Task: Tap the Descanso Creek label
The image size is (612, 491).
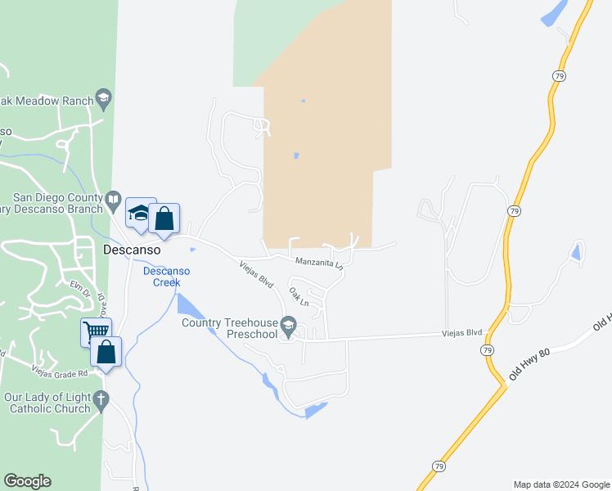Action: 167,277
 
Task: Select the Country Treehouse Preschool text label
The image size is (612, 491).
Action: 230,328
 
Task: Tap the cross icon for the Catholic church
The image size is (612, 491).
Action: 101,400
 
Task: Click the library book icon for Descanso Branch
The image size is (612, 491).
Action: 113,199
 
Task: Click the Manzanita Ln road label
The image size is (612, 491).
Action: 319,264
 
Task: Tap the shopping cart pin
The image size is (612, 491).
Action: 95,331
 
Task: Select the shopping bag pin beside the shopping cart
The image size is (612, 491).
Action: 106,353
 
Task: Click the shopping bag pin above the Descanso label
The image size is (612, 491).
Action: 164,218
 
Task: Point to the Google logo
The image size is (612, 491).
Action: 27,481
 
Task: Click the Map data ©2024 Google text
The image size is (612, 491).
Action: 561,484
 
